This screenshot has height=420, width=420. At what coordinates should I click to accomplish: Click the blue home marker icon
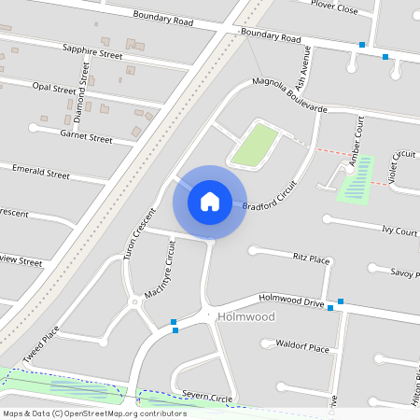210,201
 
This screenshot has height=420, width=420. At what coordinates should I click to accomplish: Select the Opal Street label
53,88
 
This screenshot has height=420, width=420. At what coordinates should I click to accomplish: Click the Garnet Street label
86,137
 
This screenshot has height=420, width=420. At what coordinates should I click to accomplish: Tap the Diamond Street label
81,96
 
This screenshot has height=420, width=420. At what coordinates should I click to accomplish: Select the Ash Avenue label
301,68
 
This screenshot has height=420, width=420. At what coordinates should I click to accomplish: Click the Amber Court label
356,143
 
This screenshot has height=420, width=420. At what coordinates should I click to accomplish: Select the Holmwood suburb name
245,317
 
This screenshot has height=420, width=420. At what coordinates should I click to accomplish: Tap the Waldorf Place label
303,347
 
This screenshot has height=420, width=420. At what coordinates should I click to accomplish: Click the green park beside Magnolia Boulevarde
254,146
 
